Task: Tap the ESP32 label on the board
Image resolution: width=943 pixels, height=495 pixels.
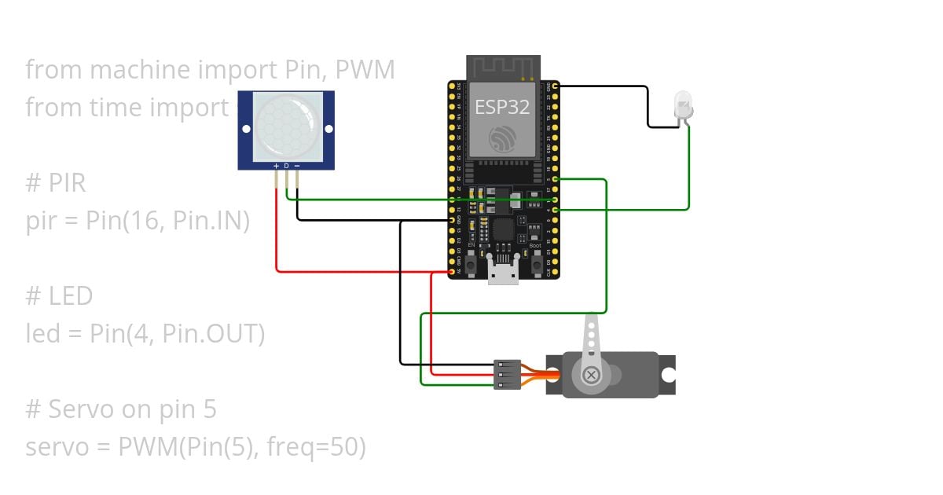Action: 503,107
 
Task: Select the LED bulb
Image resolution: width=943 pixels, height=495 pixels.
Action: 683,105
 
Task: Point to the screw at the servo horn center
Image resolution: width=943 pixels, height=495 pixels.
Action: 592,376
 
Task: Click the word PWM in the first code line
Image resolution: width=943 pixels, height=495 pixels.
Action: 365,70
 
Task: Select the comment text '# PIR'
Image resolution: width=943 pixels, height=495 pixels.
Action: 56,183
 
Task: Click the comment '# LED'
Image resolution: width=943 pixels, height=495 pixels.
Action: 59,296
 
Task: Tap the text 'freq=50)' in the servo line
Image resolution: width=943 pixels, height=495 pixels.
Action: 317,447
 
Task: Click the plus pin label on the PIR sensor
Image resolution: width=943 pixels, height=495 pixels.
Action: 276,166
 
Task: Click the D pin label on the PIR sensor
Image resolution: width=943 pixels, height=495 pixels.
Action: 287,166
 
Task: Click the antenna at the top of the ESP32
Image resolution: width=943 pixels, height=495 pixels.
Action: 503,68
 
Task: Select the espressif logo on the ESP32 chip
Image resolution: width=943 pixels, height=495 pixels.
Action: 503,138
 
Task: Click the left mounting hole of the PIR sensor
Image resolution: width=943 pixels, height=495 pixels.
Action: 246,128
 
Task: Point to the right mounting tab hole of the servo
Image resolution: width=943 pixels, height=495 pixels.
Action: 668,376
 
